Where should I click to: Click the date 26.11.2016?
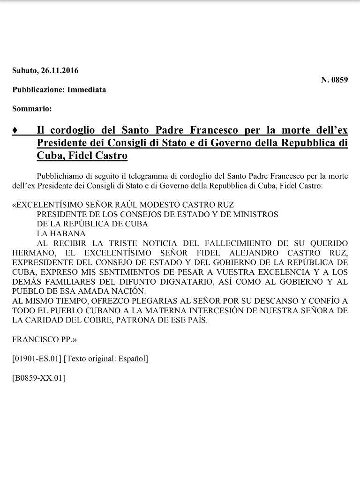pyautogui.click(x=60, y=71)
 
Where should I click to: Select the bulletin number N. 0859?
pyautogui.click(x=334, y=80)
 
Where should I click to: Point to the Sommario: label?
pyautogui.click(x=32, y=108)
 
